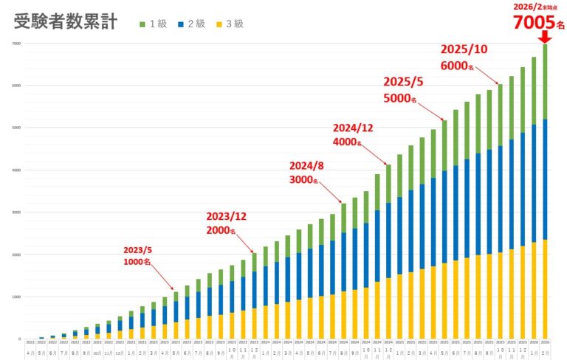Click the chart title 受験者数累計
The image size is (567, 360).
point(66,21)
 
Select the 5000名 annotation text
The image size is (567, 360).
point(400,98)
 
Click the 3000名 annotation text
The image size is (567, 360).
point(303,179)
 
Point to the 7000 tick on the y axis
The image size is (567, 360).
point(16,44)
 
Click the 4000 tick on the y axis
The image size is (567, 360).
point(16,170)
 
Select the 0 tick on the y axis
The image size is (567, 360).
point(21,339)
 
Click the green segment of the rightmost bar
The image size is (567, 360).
point(546,81)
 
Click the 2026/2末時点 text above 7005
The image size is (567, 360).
point(534,7)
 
